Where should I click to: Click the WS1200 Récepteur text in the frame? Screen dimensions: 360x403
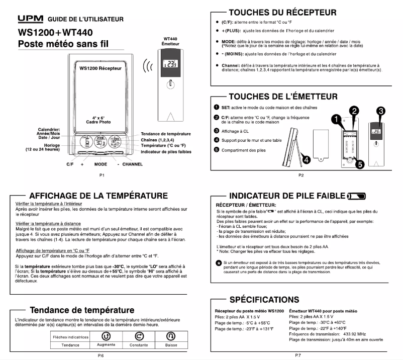102,68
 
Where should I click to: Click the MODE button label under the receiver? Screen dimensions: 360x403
100,164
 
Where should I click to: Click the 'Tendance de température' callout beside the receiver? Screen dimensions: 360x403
166,134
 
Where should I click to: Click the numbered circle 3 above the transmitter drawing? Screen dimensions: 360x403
381,110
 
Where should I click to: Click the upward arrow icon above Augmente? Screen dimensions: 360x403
106,336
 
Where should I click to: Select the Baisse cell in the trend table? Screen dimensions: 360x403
171,345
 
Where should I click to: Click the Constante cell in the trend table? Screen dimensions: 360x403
139,345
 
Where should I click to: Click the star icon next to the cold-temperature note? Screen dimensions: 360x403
218,263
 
